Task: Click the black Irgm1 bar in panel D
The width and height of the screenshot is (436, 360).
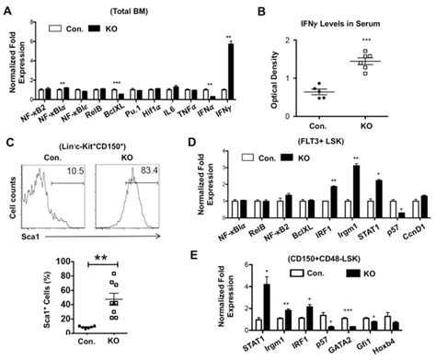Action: pyautogui.click(x=356, y=197)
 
